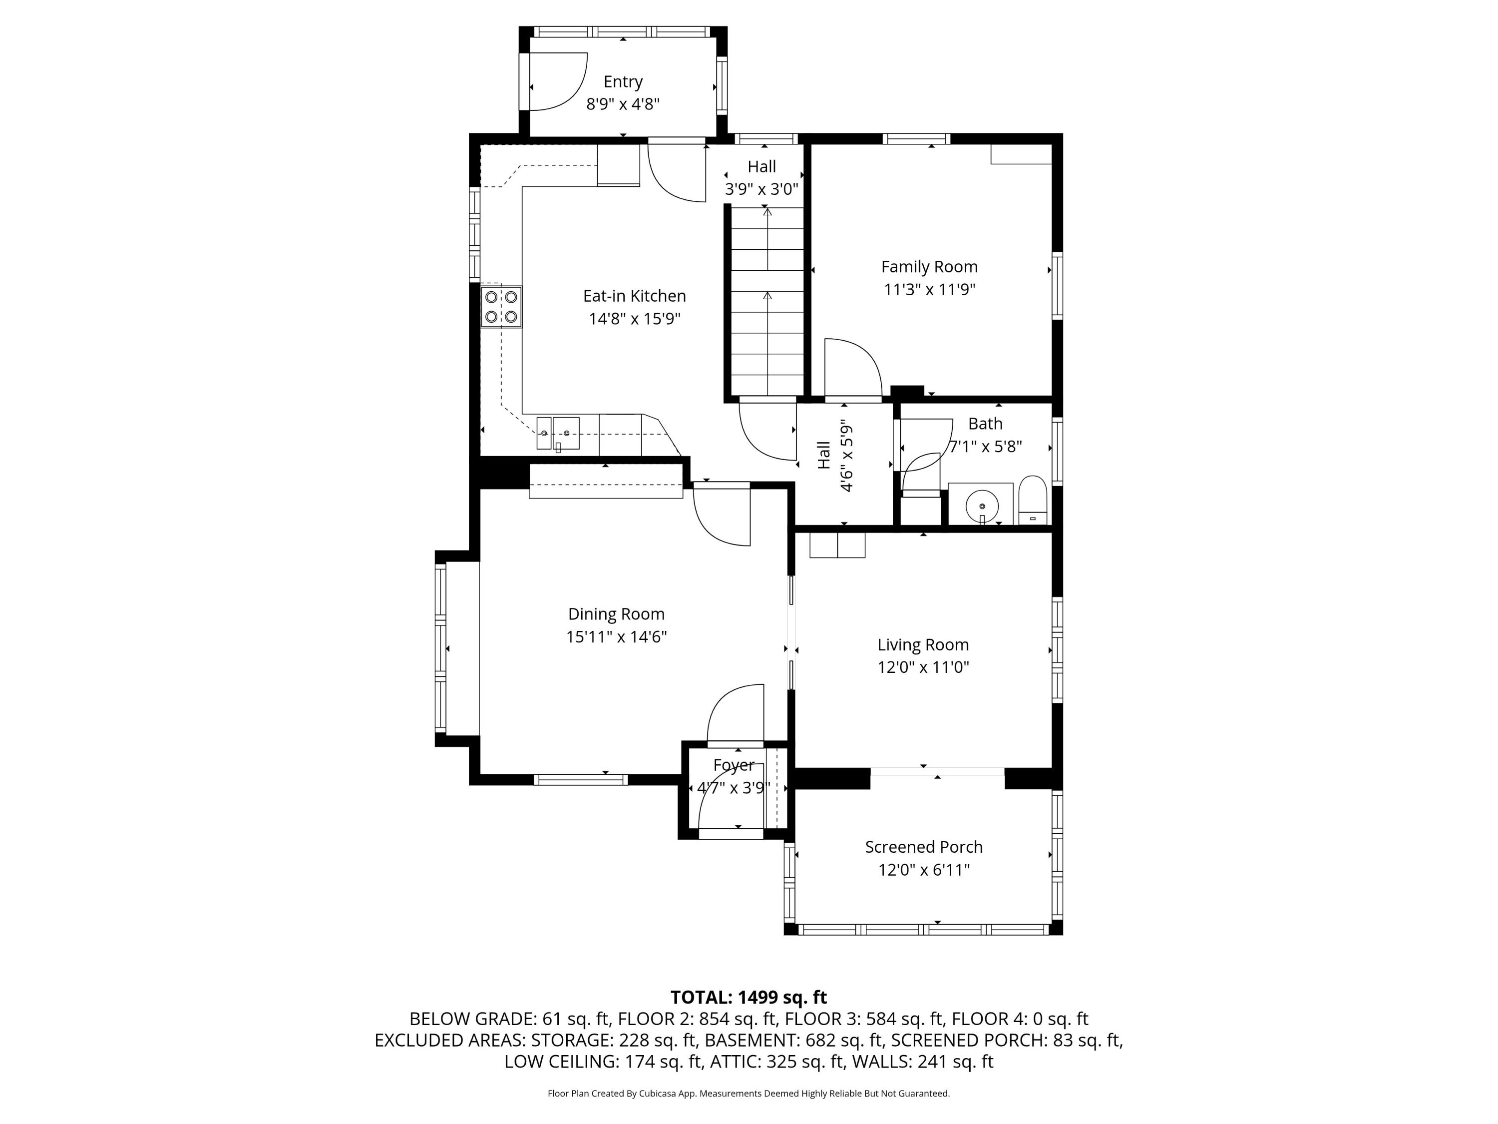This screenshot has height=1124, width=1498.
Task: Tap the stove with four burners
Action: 501,307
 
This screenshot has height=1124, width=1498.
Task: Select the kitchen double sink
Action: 558,434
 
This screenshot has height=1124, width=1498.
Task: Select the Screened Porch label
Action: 923,847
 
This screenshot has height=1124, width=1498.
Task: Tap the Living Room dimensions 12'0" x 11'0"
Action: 923,667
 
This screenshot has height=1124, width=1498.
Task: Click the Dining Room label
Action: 616,614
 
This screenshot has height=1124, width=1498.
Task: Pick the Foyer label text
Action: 734,765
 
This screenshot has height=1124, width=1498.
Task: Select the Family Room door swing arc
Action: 853,366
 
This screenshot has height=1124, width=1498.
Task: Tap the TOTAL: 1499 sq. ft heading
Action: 749,997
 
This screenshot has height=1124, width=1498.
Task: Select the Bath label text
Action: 985,424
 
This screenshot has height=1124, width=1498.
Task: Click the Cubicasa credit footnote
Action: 749,1094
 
